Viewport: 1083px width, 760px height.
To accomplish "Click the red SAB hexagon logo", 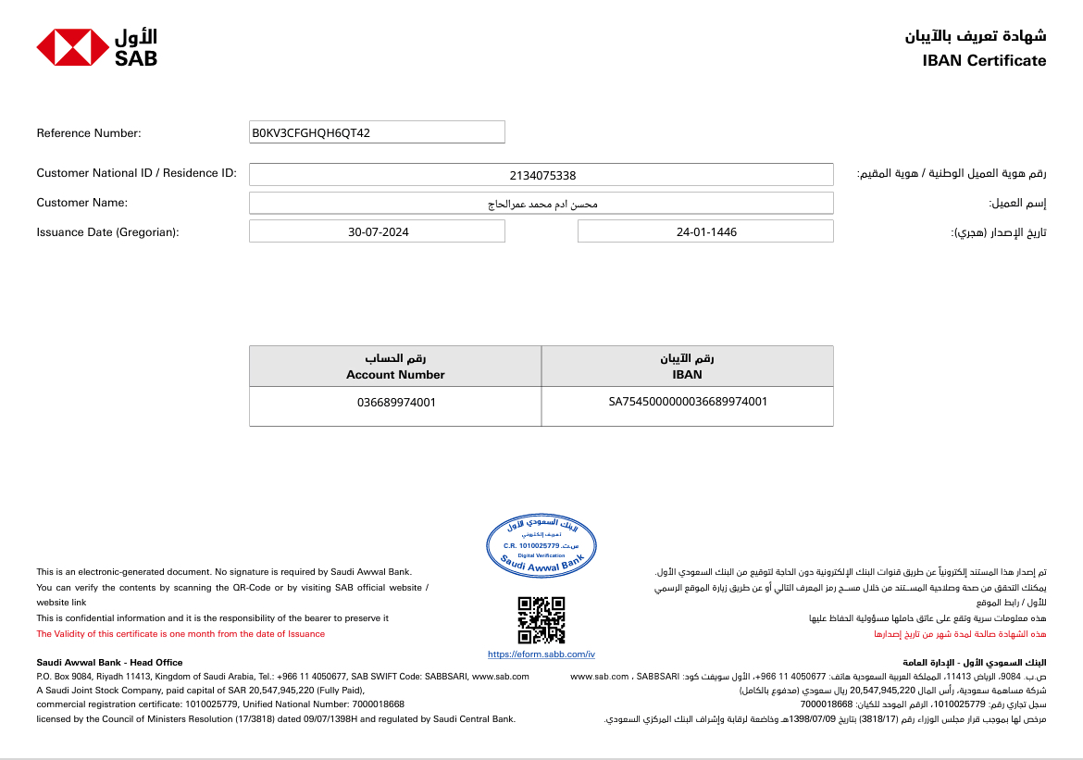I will [x=73, y=47].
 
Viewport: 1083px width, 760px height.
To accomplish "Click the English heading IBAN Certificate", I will [x=984, y=61].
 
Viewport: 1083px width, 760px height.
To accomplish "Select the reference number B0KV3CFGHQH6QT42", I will [x=311, y=132].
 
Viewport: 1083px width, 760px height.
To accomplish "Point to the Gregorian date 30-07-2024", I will [x=378, y=231].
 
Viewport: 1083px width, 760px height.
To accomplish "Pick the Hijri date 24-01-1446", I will [x=706, y=231].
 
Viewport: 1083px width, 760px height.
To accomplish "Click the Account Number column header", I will [x=395, y=367].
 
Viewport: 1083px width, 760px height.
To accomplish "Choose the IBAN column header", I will [x=687, y=367].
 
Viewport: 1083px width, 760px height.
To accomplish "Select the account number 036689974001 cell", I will [x=396, y=403].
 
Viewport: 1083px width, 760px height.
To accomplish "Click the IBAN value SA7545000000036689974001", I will [x=688, y=402].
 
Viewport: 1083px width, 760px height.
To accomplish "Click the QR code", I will [x=541, y=620].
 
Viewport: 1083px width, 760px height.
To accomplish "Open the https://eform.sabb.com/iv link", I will [x=541, y=654].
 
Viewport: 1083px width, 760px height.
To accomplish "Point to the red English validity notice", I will [x=180, y=634].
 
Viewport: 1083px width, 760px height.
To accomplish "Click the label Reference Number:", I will [x=89, y=133].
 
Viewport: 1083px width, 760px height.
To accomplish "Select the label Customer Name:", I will [x=82, y=203].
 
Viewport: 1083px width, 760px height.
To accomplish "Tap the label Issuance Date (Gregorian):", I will [x=107, y=232].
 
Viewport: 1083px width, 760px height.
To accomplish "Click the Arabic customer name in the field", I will [x=542, y=204].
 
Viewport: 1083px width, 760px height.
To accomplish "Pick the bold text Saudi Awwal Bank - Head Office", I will [x=109, y=663].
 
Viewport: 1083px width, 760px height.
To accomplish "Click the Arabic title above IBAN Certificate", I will [x=976, y=36].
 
